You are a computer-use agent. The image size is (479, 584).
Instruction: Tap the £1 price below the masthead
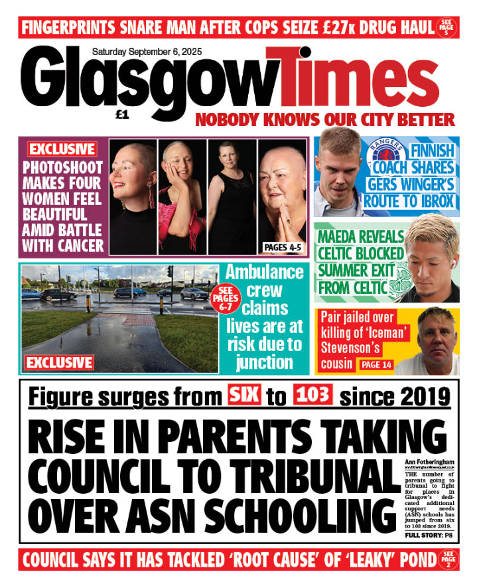[x=121, y=115]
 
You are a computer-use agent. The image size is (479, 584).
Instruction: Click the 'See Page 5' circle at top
[x=446, y=28]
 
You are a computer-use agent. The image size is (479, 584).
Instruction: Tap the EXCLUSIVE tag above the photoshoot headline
[x=62, y=149]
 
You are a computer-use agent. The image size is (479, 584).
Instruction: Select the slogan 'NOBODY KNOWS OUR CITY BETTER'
[x=325, y=120]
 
